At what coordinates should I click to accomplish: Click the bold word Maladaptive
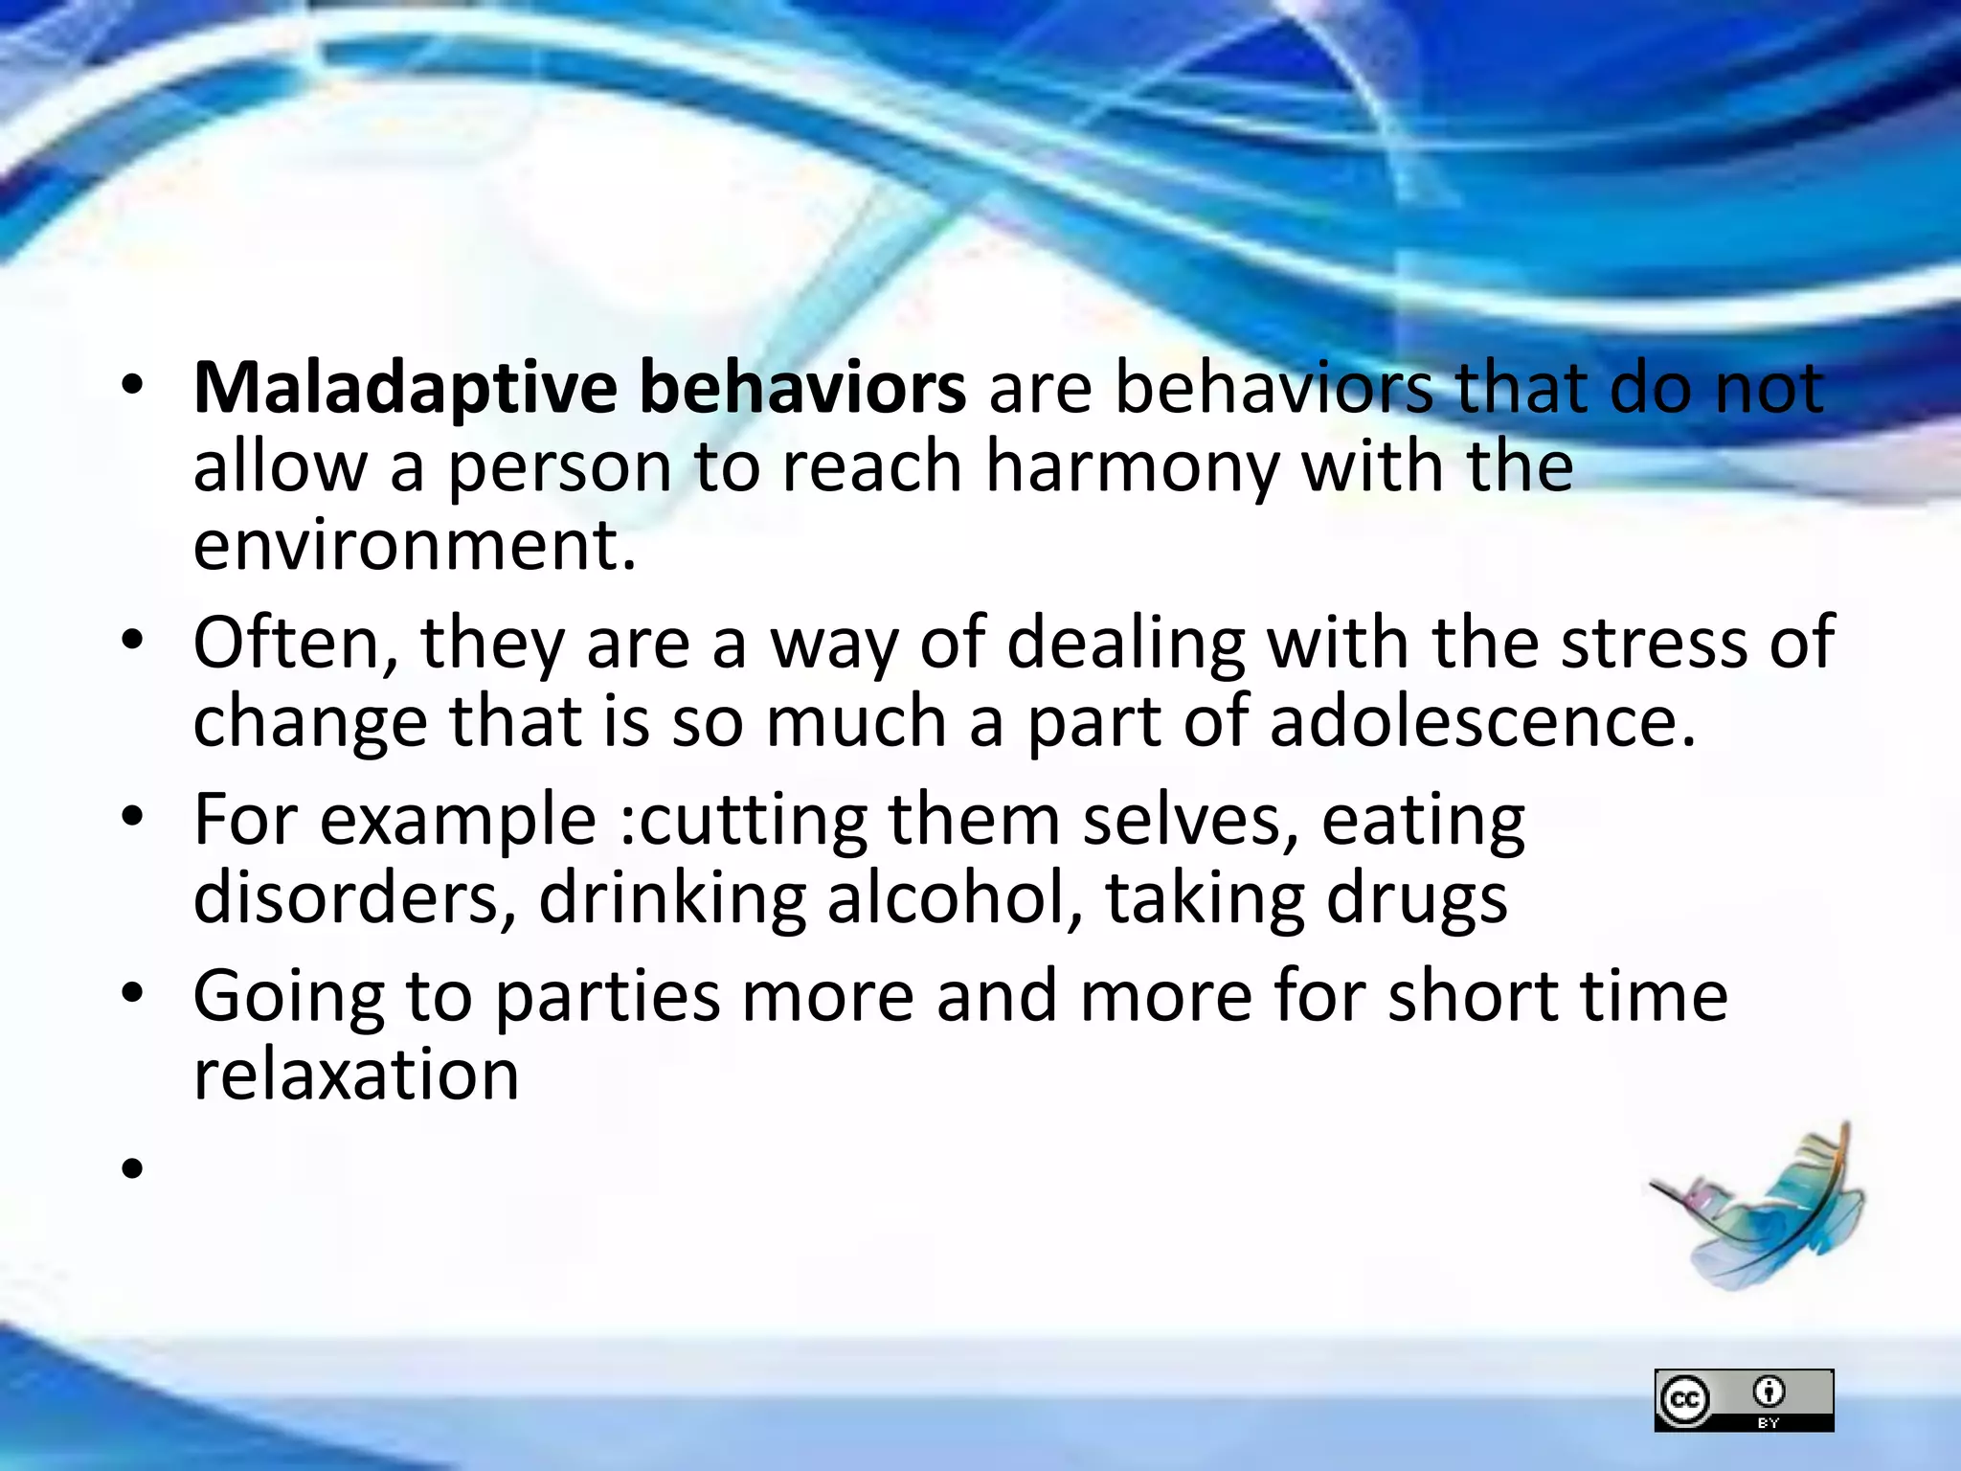pos(405,390)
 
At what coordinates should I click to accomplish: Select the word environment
pos(414,546)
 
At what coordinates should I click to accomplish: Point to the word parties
pos(607,998)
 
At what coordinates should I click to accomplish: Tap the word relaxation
pos(356,1075)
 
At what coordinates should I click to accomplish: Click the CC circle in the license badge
pos(1684,1400)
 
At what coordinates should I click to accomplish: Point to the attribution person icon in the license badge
pos(1769,1390)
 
